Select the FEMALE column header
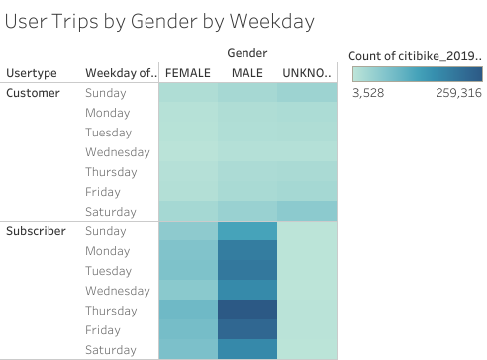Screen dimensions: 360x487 click(188, 72)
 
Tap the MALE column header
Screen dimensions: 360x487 click(246, 72)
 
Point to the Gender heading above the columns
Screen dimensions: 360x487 click(247, 52)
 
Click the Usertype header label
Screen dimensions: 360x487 click(32, 72)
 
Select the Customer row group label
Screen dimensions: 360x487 click(34, 93)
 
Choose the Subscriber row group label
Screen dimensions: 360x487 click(37, 231)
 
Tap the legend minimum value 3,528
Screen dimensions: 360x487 click(369, 93)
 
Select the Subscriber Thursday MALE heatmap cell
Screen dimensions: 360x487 click(247, 310)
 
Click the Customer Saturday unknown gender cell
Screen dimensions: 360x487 click(307, 211)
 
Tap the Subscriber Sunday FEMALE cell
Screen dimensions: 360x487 click(188, 230)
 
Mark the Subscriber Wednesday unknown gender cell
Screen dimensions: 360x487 click(307, 290)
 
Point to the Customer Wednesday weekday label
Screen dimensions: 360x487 click(118, 152)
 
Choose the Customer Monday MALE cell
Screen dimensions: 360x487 click(247, 112)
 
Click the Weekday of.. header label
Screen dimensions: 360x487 click(119, 72)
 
